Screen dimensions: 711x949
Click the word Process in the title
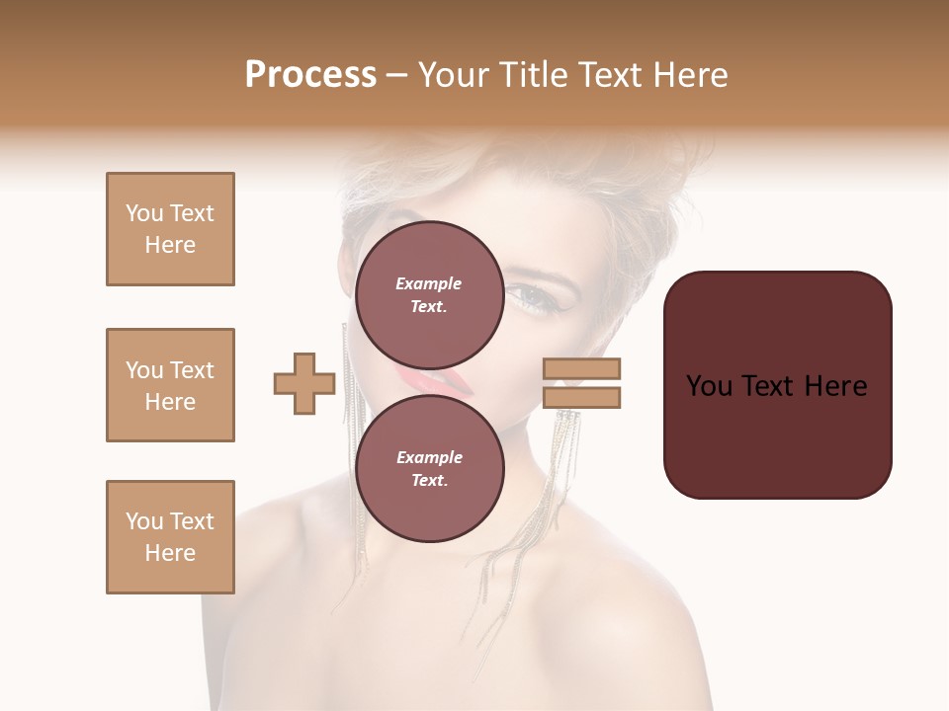310,75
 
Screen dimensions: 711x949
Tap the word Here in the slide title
688,75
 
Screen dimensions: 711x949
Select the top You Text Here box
170,229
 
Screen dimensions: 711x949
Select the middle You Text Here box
170,385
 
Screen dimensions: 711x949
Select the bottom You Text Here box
170,537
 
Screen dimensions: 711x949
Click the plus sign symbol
304,384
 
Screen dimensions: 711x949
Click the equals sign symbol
582,383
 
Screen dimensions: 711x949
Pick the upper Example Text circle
429,294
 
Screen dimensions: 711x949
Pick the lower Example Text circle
429,468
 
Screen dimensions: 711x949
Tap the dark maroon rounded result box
777,384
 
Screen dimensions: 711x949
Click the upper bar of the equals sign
582,369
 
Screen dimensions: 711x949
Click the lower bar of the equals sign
582,397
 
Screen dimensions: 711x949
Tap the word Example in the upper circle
429,283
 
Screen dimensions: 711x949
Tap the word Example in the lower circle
429,457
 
